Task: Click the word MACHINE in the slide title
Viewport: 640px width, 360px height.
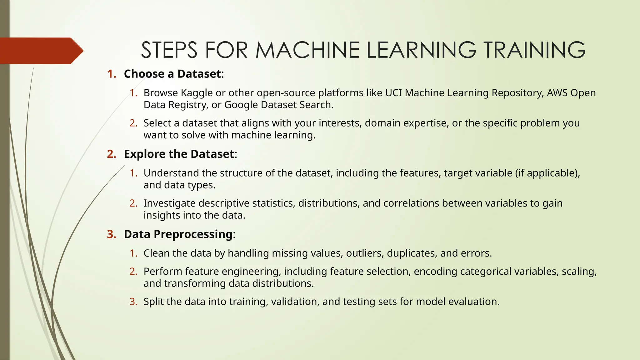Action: click(307, 50)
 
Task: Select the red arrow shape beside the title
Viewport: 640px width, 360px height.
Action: click(41, 51)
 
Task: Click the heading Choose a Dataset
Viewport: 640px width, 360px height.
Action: click(172, 74)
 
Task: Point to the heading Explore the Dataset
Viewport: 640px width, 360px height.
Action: click(179, 154)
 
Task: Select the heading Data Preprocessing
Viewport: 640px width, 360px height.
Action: click(178, 234)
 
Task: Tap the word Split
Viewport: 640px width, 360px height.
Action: click(153, 302)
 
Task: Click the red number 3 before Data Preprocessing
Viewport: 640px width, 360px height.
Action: click(111, 234)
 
